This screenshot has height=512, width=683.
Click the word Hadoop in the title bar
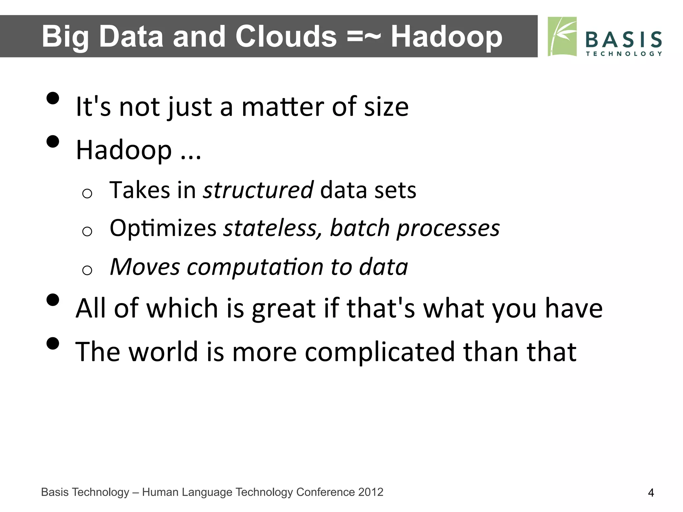pos(446,37)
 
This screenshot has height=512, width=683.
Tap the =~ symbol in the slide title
pos(364,37)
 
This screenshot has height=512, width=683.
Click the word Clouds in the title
pos(286,37)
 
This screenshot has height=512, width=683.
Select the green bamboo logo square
pos(562,37)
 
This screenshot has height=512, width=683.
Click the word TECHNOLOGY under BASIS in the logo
pos(624,54)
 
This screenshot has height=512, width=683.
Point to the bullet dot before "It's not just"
pos(53,98)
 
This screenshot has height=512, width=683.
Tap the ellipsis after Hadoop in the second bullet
pos(191,155)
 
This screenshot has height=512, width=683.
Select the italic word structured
pos(258,190)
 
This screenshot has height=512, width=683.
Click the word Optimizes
pos(163,229)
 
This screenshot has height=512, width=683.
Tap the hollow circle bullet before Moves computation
pos(87,270)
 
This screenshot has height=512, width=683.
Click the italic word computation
pos(255,267)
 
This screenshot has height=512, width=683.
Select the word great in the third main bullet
pos(283,309)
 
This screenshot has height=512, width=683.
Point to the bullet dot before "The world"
pos(53,343)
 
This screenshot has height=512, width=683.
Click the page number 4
pos(651,493)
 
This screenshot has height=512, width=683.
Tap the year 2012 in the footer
pos(371,492)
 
